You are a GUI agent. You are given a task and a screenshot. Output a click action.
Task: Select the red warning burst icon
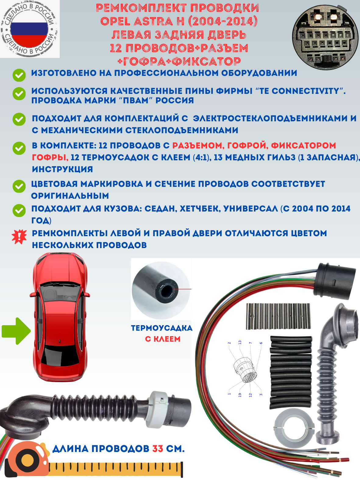[19, 237]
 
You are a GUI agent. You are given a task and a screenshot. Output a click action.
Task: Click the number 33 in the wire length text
[158, 449]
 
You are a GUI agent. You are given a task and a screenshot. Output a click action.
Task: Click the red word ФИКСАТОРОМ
[303, 145]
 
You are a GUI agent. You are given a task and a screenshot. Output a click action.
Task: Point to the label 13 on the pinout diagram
[240, 343]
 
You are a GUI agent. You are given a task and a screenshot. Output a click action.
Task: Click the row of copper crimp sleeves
[278, 316]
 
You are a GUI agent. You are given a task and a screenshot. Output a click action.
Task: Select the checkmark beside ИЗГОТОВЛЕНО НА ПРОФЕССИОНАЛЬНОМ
[19, 75]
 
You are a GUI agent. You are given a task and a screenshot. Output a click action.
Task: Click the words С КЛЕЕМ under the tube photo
[162, 339]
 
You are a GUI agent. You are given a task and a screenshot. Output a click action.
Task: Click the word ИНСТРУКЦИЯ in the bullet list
[62, 169]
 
